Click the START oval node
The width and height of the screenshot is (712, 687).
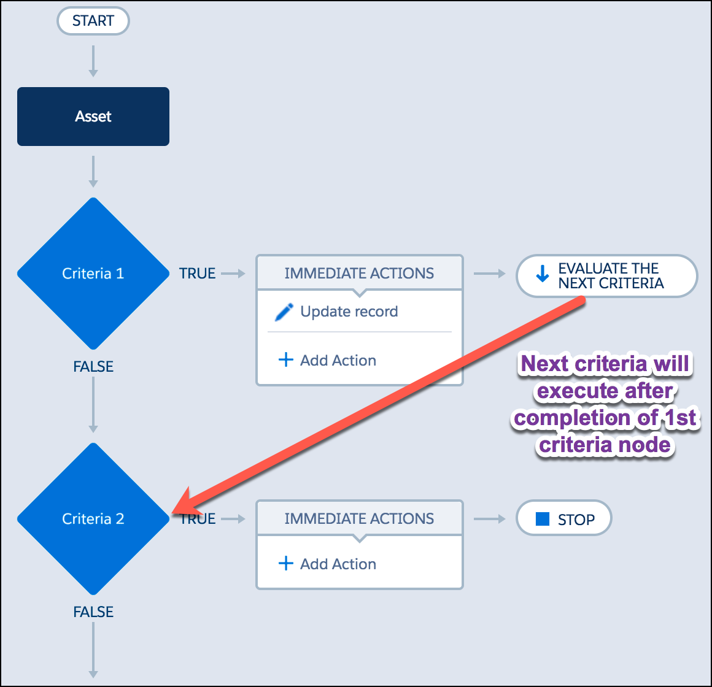point(93,21)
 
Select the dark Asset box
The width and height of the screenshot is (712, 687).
point(93,117)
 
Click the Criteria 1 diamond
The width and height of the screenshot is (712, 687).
point(93,274)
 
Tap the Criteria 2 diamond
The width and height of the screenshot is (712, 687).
point(93,519)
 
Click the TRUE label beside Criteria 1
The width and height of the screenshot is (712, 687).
point(197,274)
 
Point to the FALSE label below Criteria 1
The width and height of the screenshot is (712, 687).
point(93,367)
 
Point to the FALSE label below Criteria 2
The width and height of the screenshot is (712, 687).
point(93,612)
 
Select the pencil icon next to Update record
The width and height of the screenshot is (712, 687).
point(284,312)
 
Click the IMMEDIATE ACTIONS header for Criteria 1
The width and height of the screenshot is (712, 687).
point(359,273)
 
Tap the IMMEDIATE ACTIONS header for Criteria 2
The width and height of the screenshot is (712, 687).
point(359,518)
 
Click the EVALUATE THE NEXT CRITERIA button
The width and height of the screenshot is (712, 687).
point(606,276)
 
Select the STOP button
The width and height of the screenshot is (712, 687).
point(564,518)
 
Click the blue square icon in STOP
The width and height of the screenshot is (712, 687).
point(543,519)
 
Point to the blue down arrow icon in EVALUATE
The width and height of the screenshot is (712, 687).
point(542,274)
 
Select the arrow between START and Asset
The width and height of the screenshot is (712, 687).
point(93,61)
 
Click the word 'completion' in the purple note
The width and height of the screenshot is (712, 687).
point(572,418)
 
